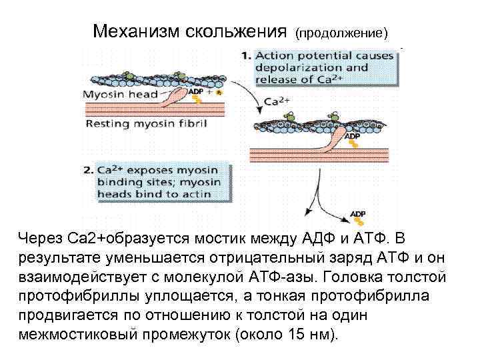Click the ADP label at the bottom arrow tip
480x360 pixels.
(x=358, y=213)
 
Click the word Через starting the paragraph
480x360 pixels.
(x=41, y=238)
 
